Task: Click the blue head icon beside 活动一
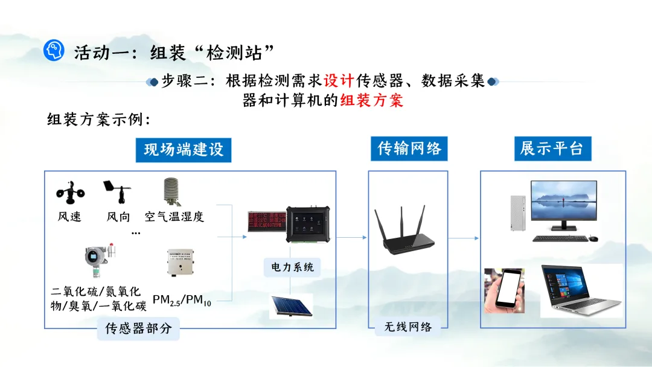point(54,50)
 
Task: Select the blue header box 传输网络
point(409,148)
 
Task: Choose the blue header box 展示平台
point(552,148)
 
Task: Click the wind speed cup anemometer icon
point(70,192)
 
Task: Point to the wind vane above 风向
point(118,191)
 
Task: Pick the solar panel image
point(290,305)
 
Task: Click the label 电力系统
point(292,267)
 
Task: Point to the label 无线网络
point(408,327)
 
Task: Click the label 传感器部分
point(138,329)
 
